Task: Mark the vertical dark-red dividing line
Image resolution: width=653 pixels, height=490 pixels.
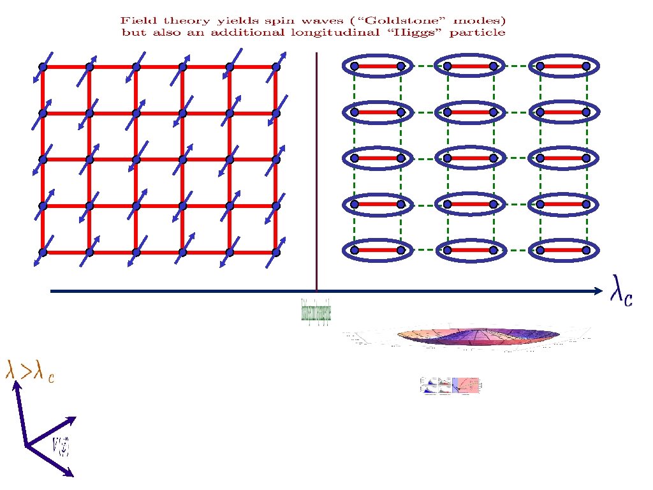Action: [316, 172]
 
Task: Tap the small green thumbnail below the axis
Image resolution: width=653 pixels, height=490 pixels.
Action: [316, 311]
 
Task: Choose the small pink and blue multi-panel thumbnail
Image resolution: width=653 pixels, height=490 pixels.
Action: [450, 385]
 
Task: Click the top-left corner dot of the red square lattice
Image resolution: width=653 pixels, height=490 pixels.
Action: [43, 66]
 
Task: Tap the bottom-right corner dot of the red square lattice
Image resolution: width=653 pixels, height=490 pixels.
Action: [275, 253]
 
